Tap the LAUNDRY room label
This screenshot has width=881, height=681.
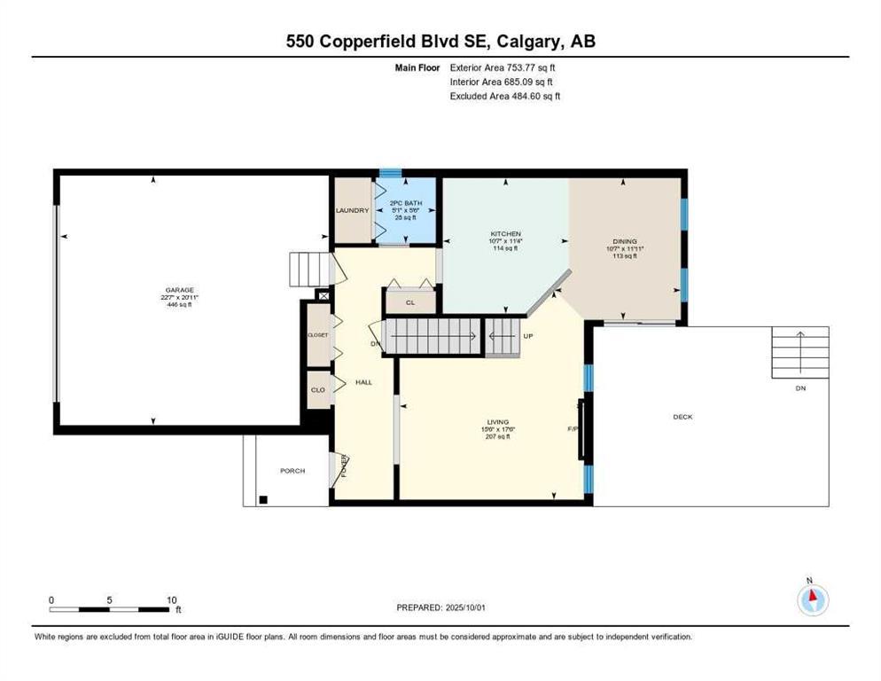(x=351, y=210)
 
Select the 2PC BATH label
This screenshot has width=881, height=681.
(x=406, y=204)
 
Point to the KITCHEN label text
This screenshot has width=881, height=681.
(x=504, y=234)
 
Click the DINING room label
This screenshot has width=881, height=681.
(x=624, y=241)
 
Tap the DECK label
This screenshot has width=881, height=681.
(x=682, y=417)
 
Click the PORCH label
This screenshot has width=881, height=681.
(x=292, y=471)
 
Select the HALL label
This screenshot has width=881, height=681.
(x=363, y=382)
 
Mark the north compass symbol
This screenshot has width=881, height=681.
(x=812, y=600)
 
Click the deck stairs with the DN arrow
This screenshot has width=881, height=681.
(x=799, y=351)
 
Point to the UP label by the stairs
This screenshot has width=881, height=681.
(x=527, y=337)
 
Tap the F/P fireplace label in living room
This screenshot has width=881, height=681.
(x=573, y=429)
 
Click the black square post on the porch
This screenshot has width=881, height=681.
(x=262, y=499)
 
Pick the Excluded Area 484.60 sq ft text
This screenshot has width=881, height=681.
(x=505, y=96)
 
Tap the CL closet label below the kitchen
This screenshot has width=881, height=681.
(x=409, y=302)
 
